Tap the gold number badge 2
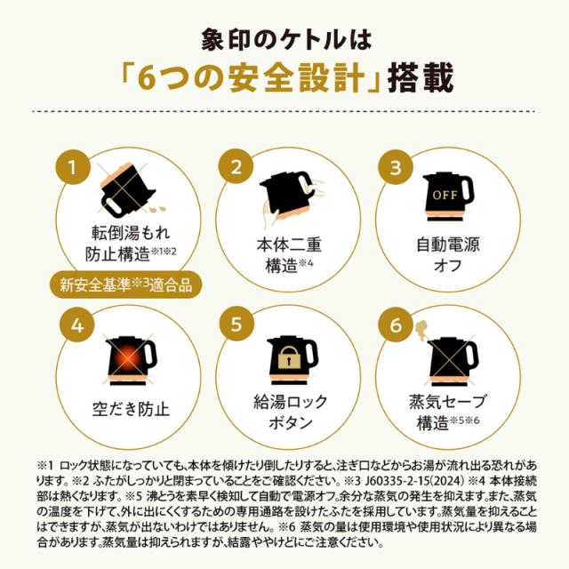[236, 166]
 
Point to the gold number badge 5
[236, 325]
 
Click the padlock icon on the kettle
[286, 357]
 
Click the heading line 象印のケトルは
[284, 40]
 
